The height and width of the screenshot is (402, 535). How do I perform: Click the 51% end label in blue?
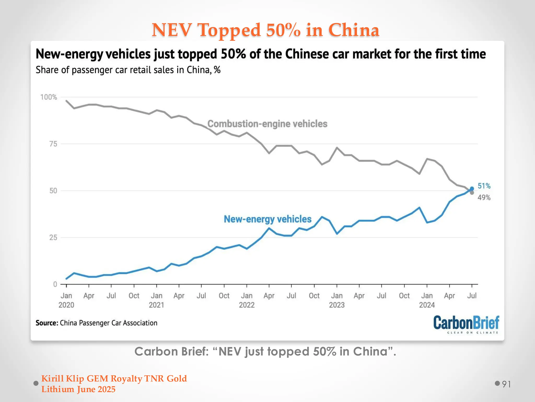(x=484, y=186)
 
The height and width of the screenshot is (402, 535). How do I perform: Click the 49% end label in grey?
(x=484, y=198)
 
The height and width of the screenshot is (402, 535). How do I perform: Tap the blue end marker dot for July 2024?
(x=472, y=189)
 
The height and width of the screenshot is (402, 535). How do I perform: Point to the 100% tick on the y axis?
(x=49, y=97)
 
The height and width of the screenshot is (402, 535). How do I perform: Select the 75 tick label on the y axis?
(x=53, y=144)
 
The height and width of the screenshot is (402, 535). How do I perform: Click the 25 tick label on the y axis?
(x=53, y=238)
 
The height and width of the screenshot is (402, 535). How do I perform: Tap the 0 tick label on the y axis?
(x=55, y=284)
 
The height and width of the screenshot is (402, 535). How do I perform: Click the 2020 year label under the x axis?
(x=66, y=305)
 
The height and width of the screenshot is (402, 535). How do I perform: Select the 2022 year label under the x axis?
(x=247, y=305)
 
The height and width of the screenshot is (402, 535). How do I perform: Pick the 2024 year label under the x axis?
(x=427, y=305)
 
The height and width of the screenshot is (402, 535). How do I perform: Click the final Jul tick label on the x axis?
(x=472, y=296)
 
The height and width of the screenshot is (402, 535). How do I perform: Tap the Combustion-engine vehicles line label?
(x=267, y=124)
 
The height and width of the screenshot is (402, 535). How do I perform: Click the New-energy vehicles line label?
(x=267, y=219)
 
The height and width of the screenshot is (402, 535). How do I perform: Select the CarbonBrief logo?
(x=466, y=324)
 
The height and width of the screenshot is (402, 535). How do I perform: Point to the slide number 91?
(x=506, y=384)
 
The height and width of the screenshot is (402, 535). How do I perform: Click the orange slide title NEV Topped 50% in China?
(x=265, y=30)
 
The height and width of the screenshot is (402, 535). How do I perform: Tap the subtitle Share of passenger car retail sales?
(x=128, y=70)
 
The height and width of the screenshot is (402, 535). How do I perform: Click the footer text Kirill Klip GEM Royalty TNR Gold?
(x=114, y=378)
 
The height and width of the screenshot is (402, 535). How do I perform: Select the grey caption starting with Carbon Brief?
(x=265, y=351)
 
